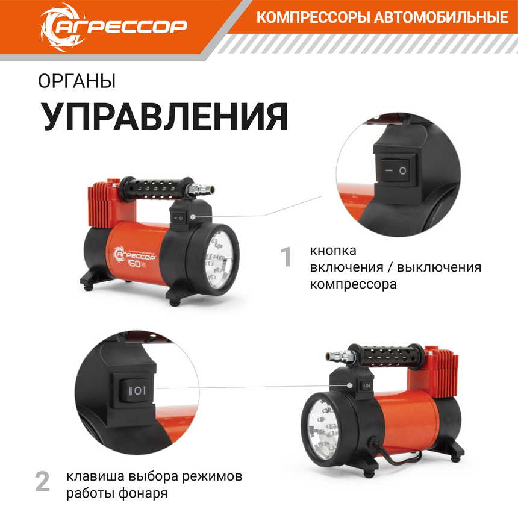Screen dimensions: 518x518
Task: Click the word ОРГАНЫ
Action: pyautogui.click(x=76, y=81)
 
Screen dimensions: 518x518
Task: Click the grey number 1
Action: pyautogui.click(x=287, y=257)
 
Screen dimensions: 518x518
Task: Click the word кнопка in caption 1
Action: pyautogui.click(x=333, y=251)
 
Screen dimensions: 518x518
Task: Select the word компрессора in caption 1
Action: pyautogui.click(x=353, y=284)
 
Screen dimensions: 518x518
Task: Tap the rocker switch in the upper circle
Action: pyautogui.click(x=395, y=170)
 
